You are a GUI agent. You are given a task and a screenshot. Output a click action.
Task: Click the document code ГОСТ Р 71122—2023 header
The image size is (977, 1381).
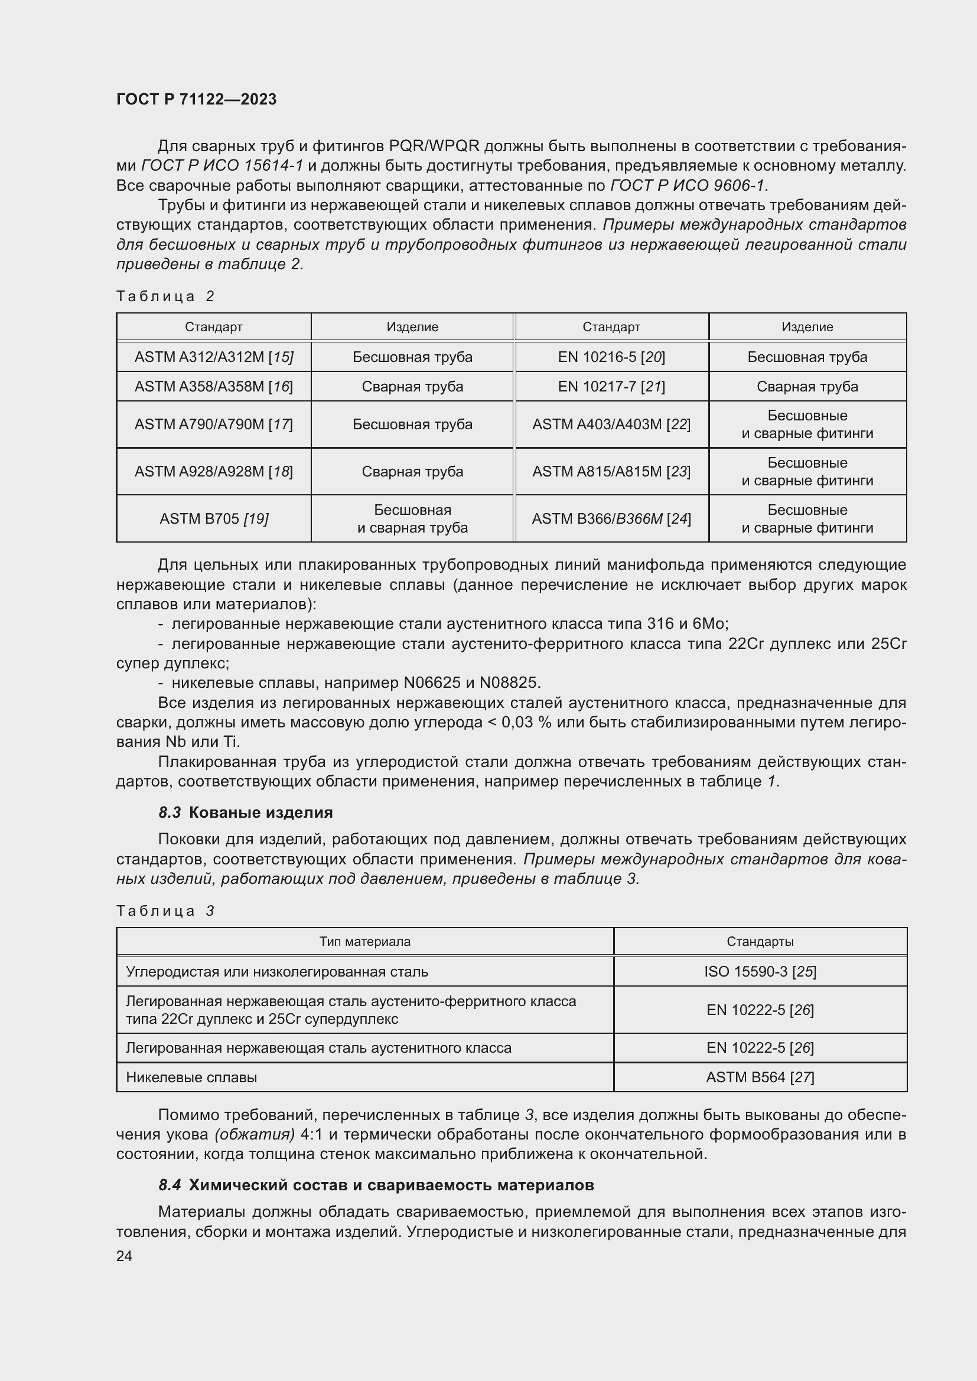196,99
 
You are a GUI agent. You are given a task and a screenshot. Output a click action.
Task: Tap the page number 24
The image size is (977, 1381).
124,1256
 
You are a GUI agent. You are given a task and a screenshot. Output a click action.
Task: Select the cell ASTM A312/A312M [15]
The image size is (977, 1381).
214,357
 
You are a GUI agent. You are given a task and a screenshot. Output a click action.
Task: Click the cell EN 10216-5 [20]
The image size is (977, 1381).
611,357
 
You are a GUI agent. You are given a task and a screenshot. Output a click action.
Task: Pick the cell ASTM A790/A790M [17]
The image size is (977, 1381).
214,424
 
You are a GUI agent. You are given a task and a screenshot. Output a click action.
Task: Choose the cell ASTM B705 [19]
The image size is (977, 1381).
214,518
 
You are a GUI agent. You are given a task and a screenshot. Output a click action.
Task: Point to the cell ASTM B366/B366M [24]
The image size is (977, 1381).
611,518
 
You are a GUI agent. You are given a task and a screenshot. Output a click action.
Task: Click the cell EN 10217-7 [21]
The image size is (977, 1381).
611,386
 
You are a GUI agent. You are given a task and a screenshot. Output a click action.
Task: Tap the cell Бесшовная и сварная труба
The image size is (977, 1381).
412,518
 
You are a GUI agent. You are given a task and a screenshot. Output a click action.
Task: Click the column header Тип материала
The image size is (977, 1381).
364,941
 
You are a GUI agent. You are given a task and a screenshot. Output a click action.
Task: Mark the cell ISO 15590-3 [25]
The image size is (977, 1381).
760,971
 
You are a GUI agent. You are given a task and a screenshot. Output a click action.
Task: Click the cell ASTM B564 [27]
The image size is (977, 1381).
760,1078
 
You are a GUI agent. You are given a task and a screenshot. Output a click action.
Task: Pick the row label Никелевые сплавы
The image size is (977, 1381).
191,1078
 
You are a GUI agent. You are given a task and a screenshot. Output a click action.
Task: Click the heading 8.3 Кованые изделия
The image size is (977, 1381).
246,812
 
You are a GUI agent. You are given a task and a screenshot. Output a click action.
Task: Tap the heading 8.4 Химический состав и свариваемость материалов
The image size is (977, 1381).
376,1185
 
